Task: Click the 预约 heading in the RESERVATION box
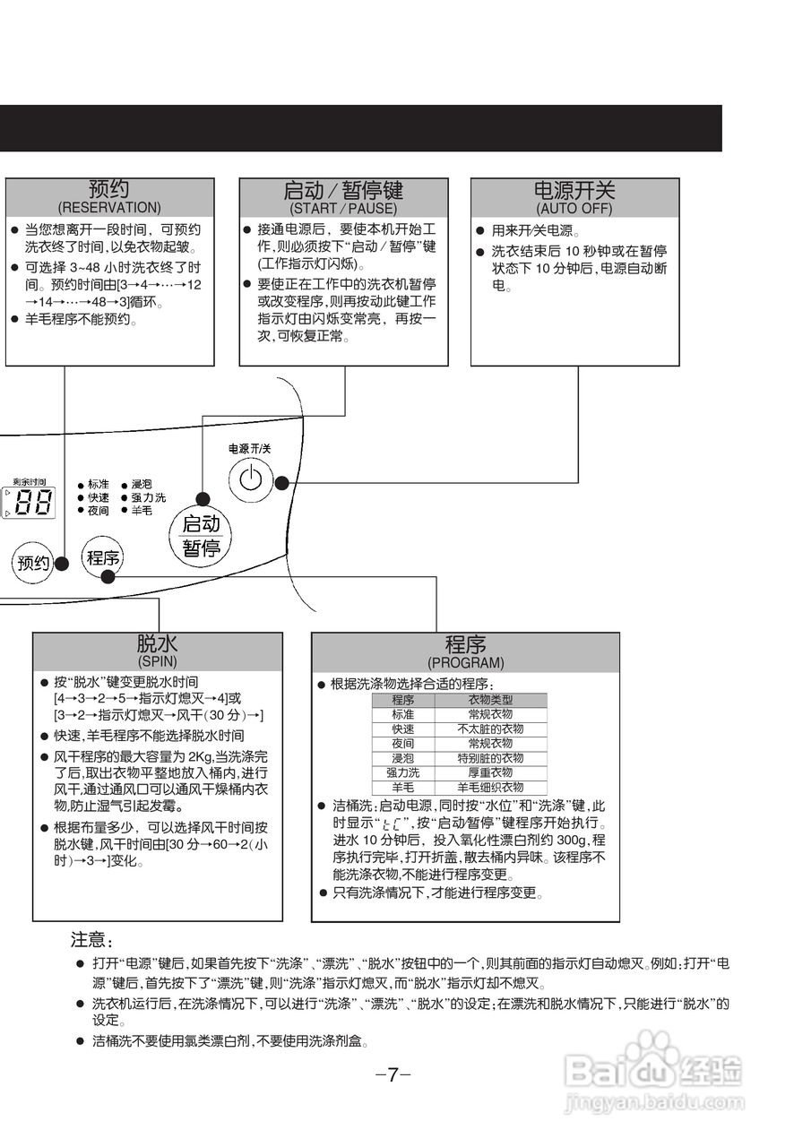coord(109,189)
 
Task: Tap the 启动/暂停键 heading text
coord(343,190)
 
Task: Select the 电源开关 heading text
coord(574,190)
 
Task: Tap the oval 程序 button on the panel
coord(102,558)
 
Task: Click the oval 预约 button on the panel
coord(33,563)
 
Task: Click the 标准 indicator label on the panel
coord(99,484)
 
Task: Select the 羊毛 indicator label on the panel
coord(142,510)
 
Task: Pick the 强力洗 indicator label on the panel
coord(148,497)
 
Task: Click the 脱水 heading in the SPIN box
coord(158,644)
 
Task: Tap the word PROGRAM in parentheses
coord(465,663)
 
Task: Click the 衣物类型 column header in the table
coord(490,700)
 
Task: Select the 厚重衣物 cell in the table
coord(490,772)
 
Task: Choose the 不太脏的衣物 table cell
coord(490,729)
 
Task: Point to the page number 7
coord(393,1075)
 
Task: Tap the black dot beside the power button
coord(281,482)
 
